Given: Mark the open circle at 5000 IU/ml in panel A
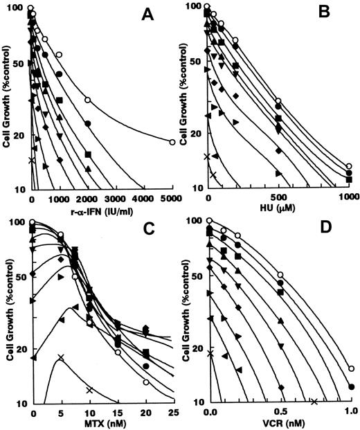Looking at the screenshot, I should [171, 142].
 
